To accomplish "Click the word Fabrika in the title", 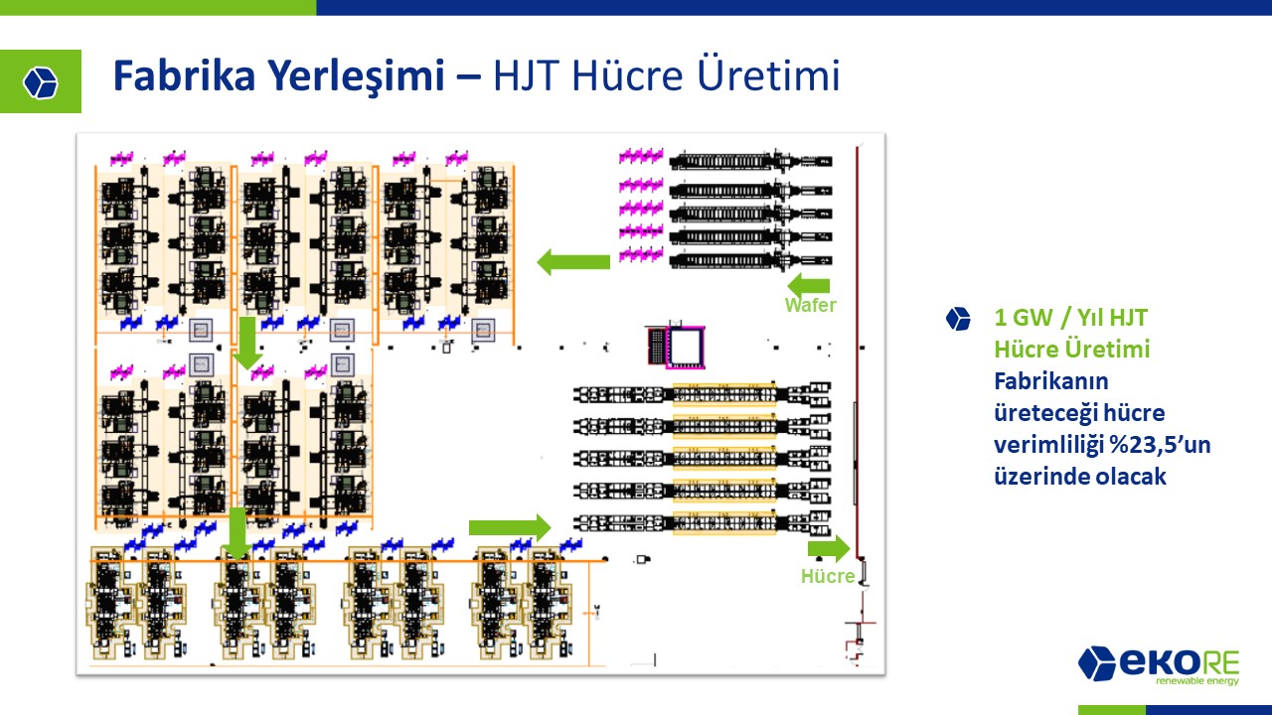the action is (x=184, y=74).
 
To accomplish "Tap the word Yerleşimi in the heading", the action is (x=357, y=76).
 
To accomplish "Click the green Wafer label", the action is (x=810, y=305).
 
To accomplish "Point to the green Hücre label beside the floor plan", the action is (x=828, y=577).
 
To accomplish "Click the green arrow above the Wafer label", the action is (x=808, y=284).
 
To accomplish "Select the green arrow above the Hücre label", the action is (x=829, y=549).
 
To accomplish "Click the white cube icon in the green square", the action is (x=41, y=82).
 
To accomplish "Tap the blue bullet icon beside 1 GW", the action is (x=958, y=319).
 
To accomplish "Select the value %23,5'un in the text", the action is (x=1160, y=445).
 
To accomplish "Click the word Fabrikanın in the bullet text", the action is (x=1051, y=381).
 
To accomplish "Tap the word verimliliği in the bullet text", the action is (x=1047, y=446).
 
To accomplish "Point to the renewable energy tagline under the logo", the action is (x=1197, y=681).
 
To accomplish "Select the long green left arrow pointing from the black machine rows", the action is (x=573, y=262).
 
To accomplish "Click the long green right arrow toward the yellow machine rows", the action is (x=510, y=528).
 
